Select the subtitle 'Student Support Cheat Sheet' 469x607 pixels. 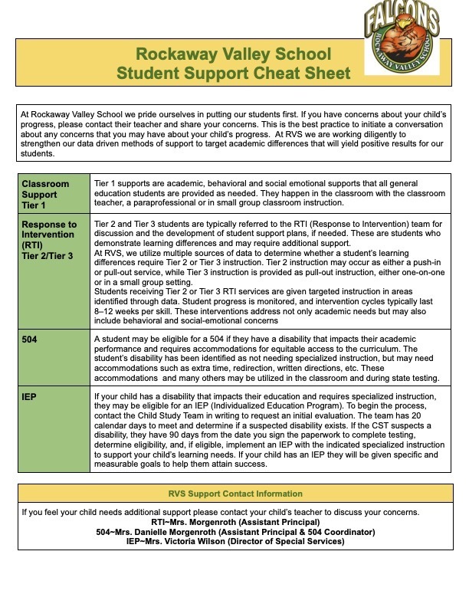tap(233, 74)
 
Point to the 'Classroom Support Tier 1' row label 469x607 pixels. tap(45, 195)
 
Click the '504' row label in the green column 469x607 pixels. tap(31, 338)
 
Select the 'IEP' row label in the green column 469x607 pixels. tap(30, 396)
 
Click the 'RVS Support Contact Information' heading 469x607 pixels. tap(234, 494)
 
